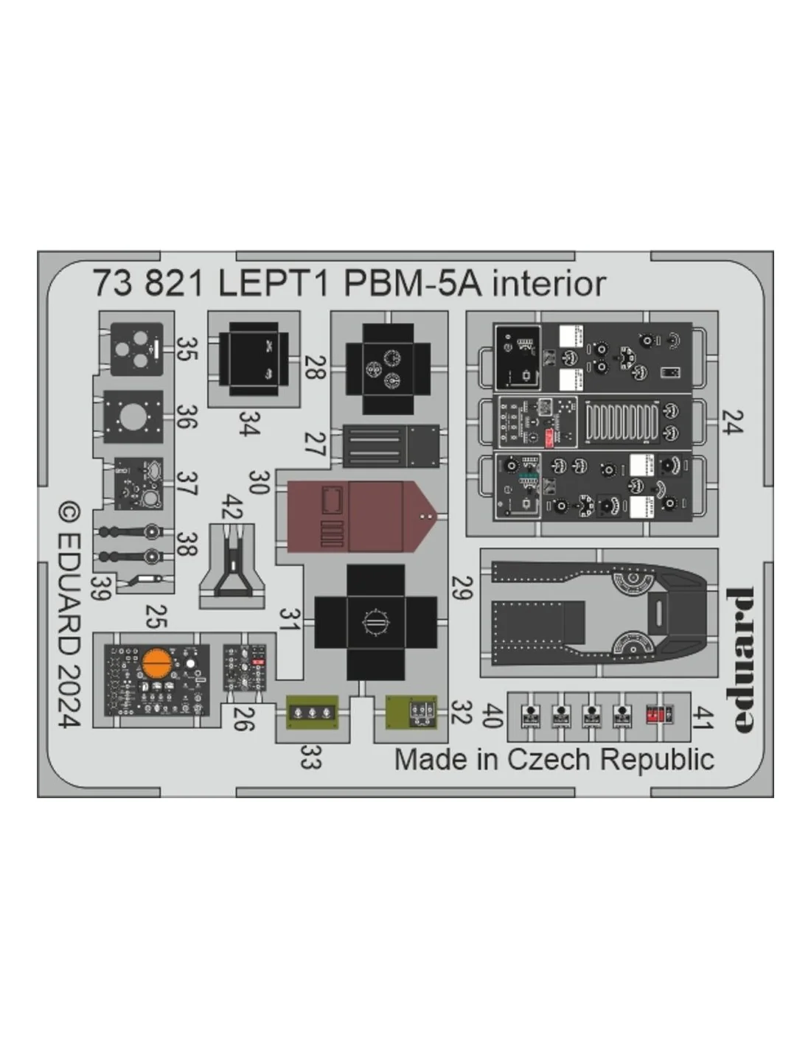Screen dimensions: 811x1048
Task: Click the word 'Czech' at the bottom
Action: (549, 760)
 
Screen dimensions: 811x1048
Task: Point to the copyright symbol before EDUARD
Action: (69, 513)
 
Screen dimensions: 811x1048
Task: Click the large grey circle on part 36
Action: (133, 417)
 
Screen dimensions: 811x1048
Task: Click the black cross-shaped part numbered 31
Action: (375, 622)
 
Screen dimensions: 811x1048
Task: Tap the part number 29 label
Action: (462, 588)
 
